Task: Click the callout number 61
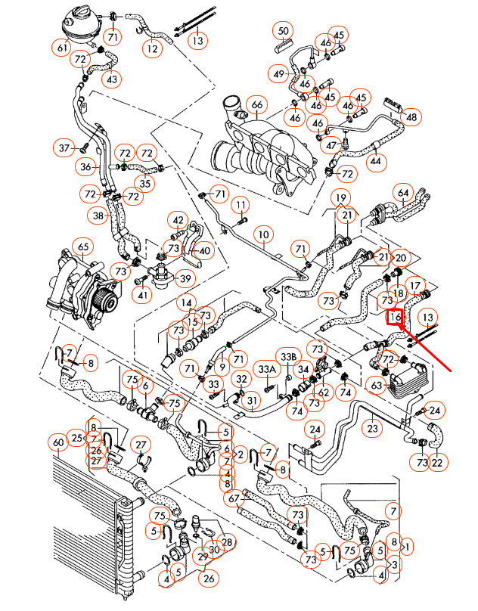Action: [x=63, y=48]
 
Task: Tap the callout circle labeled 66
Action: [x=256, y=104]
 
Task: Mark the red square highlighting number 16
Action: [x=395, y=318]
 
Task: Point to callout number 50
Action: [x=284, y=31]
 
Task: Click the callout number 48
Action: [x=411, y=117]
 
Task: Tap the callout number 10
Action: [x=262, y=234]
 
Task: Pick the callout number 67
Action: [x=234, y=498]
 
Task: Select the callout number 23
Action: [x=372, y=429]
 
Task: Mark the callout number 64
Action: [x=403, y=193]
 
